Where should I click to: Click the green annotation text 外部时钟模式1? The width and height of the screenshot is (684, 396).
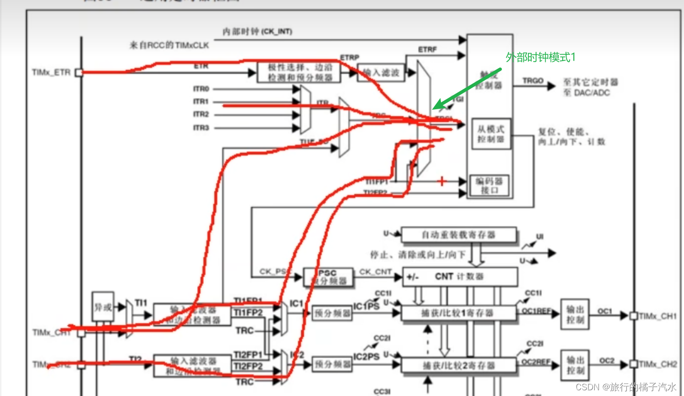click(x=541, y=57)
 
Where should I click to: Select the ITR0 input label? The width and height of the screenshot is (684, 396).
click(x=201, y=89)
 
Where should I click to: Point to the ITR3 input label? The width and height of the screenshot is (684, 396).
click(x=201, y=128)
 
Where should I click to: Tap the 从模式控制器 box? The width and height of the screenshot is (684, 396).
click(x=491, y=134)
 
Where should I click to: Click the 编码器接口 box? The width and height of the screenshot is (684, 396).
click(x=489, y=186)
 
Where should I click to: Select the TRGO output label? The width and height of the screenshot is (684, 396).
click(x=532, y=81)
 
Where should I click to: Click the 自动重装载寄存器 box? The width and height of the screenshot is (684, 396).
click(x=459, y=235)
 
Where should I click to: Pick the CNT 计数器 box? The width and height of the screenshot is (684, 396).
click(x=459, y=277)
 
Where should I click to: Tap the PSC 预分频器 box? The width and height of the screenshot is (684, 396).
click(x=328, y=277)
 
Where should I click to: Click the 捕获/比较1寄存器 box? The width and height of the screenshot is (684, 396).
click(x=459, y=313)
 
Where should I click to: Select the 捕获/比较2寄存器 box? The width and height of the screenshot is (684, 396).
click(x=459, y=365)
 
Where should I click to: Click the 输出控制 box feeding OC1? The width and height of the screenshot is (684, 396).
click(x=575, y=314)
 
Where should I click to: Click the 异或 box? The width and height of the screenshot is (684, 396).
click(x=103, y=307)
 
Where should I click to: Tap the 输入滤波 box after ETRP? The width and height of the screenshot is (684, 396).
click(x=380, y=73)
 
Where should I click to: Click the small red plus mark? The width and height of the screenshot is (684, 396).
click(x=442, y=181)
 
